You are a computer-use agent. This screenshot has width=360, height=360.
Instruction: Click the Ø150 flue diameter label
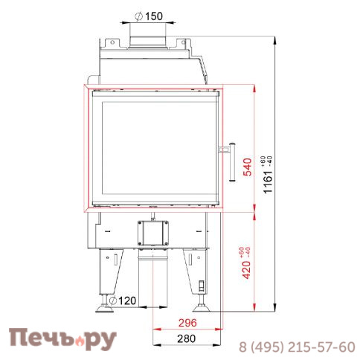149,16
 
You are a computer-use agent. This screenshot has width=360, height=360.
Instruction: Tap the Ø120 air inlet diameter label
123,300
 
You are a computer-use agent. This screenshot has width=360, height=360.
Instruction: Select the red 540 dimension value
248,167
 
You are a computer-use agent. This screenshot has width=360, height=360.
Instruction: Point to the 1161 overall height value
268,181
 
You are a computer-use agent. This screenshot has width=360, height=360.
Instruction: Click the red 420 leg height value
246,270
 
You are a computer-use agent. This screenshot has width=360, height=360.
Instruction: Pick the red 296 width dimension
187,323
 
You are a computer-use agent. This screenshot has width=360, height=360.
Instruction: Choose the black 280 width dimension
186,338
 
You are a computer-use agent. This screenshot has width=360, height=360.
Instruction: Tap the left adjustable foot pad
104,309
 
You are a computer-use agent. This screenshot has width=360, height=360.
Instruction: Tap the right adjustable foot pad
201,309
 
